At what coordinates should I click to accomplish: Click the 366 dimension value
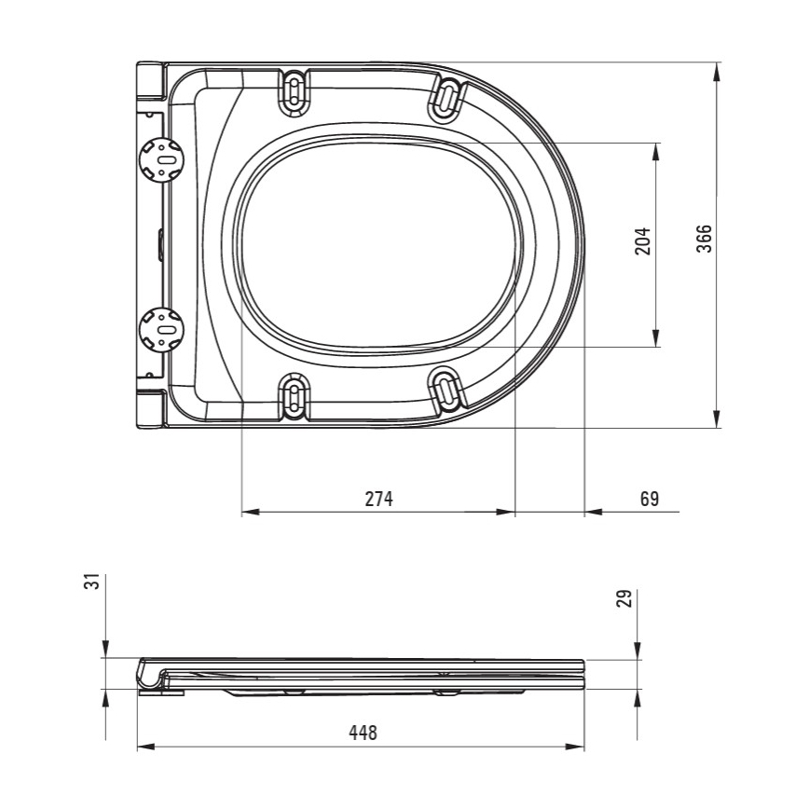(x=705, y=240)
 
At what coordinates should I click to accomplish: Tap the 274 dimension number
(x=379, y=499)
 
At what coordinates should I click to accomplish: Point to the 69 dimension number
(x=649, y=499)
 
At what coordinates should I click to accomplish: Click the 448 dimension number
(x=363, y=733)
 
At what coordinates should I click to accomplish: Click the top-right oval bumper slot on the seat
(x=448, y=97)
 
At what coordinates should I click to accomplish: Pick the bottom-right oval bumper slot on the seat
(x=448, y=389)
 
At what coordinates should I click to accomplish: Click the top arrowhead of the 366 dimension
(x=718, y=71)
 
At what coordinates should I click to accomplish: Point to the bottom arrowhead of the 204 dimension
(x=657, y=339)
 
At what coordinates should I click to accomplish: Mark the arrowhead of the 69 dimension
(x=593, y=513)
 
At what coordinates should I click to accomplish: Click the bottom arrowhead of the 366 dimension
(x=718, y=420)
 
